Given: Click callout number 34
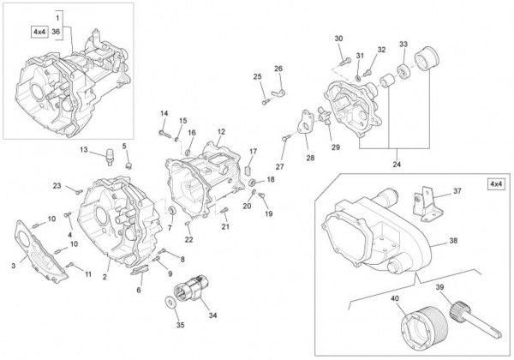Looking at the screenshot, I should coord(212,315).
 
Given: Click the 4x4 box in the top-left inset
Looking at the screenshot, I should coord(40,32).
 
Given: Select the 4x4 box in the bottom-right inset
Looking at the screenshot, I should coord(495,184).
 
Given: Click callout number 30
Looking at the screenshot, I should coord(338,39).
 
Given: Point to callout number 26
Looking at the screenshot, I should coord(278,69).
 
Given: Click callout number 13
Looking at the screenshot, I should coord(85,150).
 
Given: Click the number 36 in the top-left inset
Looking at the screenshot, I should coord(56,32).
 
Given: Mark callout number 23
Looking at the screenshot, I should coord(57,186).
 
